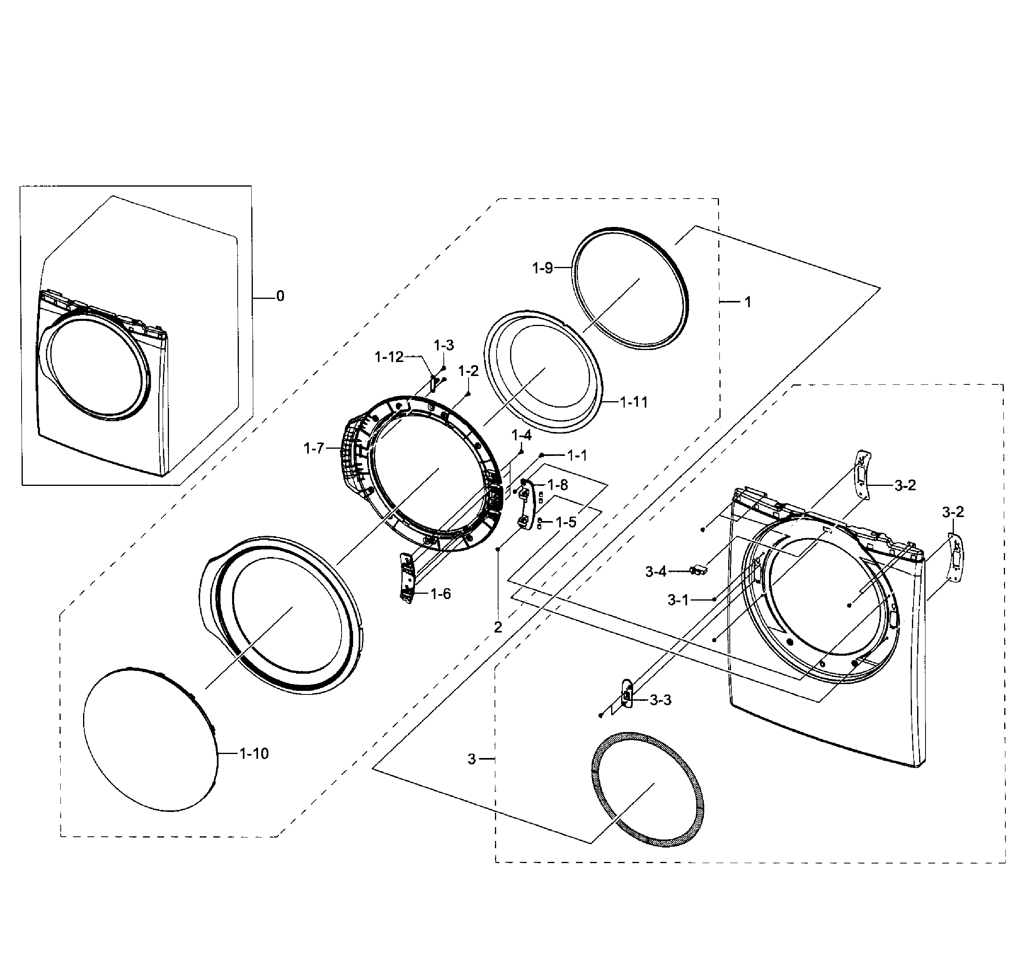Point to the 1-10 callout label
[x=254, y=753]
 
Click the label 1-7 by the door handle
[x=314, y=448]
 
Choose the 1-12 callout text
[x=389, y=357]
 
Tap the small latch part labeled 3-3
[x=627, y=694]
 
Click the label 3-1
[x=678, y=600]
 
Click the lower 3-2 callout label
[x=953, y=512]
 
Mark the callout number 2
[x=498, y=627]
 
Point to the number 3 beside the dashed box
[x=471, y=759]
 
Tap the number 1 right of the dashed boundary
[x=747, y=302]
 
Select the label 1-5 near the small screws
[x=566, y=522]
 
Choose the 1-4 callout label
[x=521, y=435]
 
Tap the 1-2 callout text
[x=468, y=371]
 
